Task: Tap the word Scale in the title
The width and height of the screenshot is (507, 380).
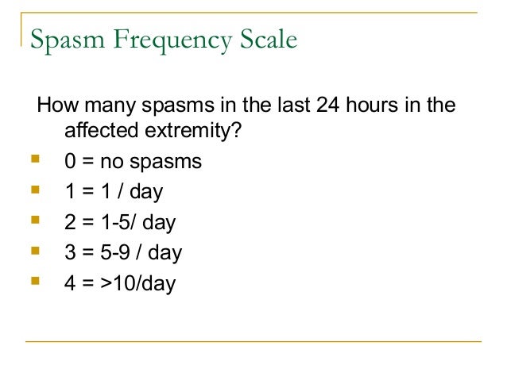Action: pyautogui.click(x=264, y=39)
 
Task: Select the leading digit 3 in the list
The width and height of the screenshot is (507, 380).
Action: pyautogui.click(x=70, y=253)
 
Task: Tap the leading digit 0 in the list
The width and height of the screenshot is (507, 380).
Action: pyautogui.click(x=70, y=162)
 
